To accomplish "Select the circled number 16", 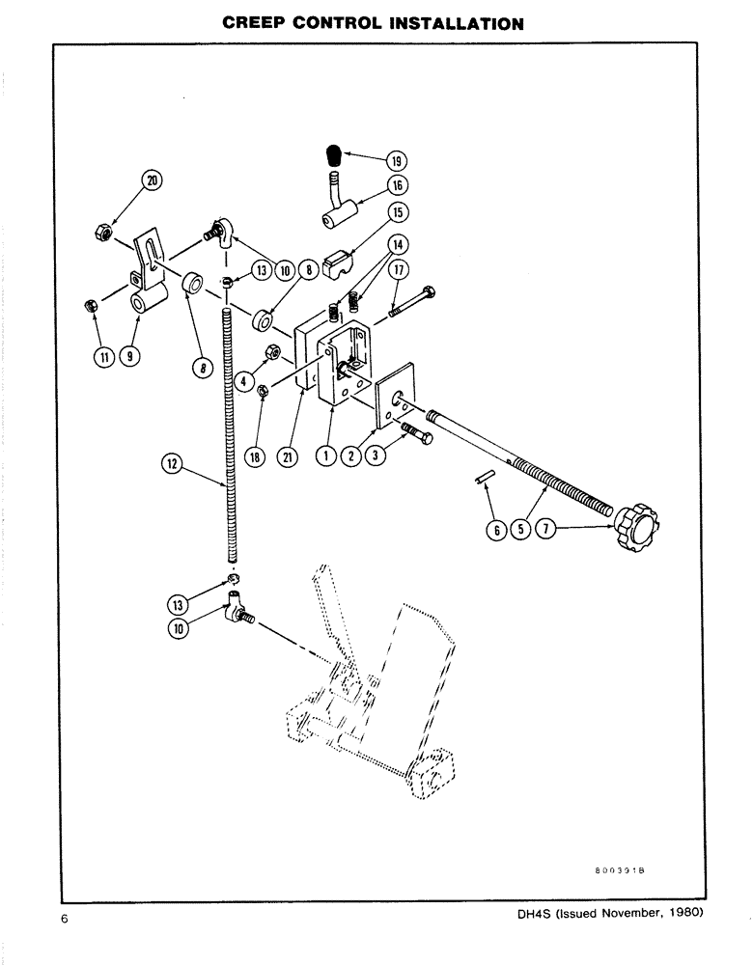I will pos(398,185).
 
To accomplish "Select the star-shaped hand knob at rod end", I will pos(633,526).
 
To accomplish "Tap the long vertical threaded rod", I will pos(231,434).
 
